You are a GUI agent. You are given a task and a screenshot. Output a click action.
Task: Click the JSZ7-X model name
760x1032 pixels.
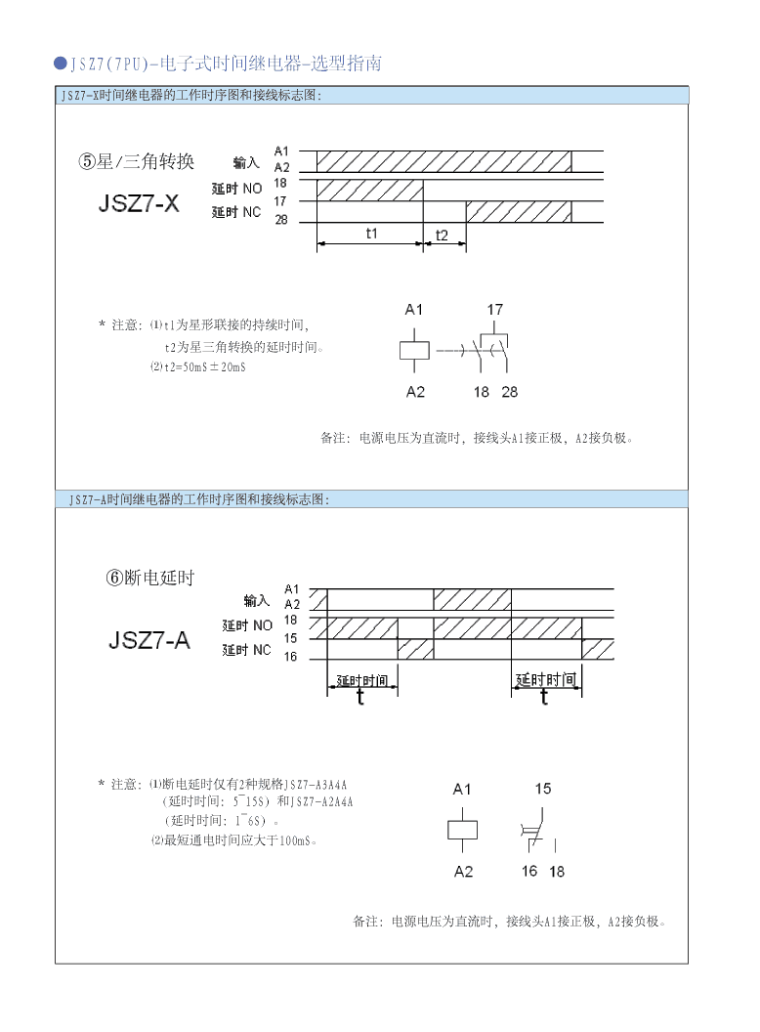(x=139, y=203)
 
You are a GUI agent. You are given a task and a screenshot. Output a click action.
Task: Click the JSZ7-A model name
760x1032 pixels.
(x=149, y=641)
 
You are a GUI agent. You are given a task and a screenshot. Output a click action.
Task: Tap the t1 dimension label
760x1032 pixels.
(x=371, y=234)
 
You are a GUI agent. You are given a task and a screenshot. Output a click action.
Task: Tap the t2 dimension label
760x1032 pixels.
(x=443, y=235)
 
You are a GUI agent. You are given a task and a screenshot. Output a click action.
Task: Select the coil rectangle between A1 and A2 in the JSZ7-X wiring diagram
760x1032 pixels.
(x=415, y=351)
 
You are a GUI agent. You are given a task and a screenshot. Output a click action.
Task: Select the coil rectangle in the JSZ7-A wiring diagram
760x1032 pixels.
(x=463, y=830)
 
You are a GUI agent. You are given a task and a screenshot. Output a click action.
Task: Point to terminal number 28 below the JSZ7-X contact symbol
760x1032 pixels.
(x=510, y=392)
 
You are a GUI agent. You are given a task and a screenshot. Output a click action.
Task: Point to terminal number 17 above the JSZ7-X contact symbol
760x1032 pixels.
(x=495, y=310)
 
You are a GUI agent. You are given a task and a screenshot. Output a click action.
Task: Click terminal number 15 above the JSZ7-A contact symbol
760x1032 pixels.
(x=543, y=788)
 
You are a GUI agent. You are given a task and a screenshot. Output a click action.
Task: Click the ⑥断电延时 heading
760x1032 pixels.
(x=150, y=578)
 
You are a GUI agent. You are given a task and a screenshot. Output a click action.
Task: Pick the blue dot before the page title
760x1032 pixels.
(x=61, y=64)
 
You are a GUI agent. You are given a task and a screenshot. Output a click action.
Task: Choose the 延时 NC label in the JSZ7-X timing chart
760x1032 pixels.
(x=236, y=211)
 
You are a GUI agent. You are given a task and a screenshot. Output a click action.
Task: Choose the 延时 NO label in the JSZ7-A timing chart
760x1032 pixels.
(x=246, y=625)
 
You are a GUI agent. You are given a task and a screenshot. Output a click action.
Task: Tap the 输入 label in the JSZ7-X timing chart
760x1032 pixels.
(x=246, y=162)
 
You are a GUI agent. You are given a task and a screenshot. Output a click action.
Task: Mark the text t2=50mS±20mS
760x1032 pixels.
(x=204, y=366)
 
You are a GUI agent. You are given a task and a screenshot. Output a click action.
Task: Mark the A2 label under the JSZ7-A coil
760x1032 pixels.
(x=463, y=871)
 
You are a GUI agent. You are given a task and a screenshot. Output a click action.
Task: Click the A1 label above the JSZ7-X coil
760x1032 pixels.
(x=414, y=310)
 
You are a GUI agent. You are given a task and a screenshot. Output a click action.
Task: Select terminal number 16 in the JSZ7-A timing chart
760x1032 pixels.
(x=290, y=657)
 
